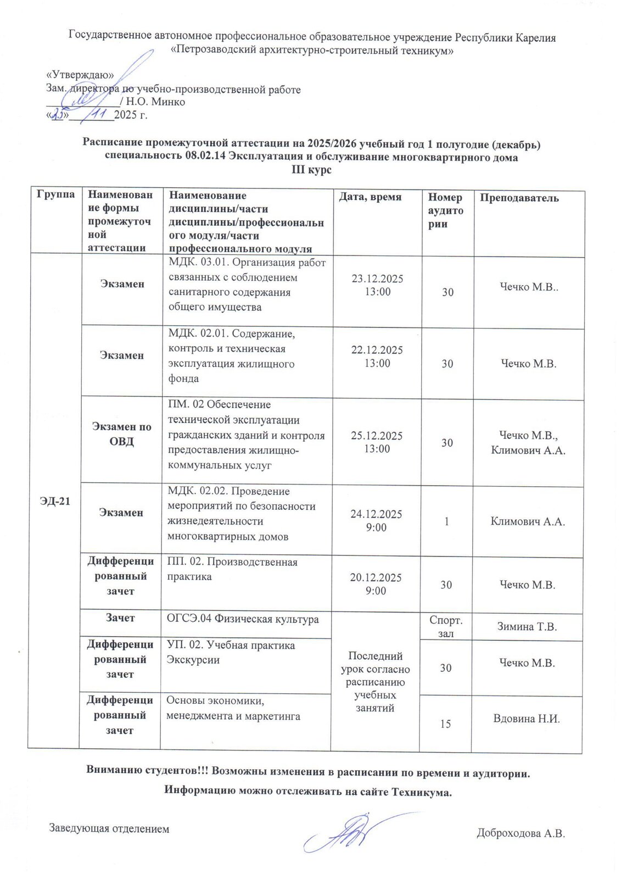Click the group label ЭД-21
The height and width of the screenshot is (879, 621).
tap(55, 501)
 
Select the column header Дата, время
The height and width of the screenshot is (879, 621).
tap(370, 197)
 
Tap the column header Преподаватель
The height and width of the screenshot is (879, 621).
tap(519, 198)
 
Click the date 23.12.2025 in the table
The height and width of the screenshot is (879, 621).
tap(377, 279)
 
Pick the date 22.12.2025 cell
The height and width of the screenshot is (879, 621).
tap(377, 350)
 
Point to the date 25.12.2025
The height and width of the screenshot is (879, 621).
tap(377, 436)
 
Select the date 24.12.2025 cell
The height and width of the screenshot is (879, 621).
tap(376, 514)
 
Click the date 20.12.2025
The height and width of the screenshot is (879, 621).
tap(376, 577)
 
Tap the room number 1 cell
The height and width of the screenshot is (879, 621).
tap(446, 521)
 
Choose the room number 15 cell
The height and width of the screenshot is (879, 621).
tap(445, 724)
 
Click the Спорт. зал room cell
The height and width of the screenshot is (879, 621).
tap(445, 627)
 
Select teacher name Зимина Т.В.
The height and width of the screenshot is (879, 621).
tap(527, 626)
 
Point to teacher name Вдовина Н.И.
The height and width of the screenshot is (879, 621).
tap(526, 719)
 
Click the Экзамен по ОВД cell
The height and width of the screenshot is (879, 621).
tap(121, 434)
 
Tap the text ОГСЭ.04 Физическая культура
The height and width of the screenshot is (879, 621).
tap(243, 619)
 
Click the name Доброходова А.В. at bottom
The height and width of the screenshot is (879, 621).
tap(521, 833)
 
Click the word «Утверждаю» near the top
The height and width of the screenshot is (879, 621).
tap(80, 75)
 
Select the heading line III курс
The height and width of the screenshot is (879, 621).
tap(311, 170)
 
